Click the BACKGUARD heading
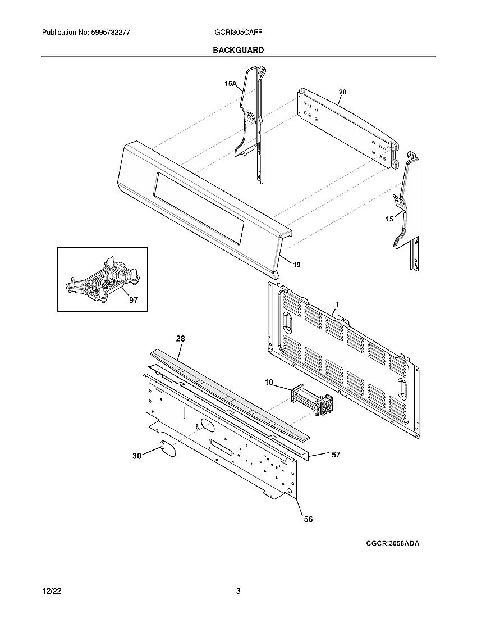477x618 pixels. pos(238,50)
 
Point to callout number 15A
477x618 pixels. pos(230,84)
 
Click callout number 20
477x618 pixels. pos(342,92)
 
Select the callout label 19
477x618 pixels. pos(296,265)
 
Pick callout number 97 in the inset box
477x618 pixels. pos(133,301)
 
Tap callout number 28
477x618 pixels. pos(180,339)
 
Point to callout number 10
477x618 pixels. pos(269,383)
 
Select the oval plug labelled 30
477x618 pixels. pos(164,448)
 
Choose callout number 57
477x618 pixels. pos(336,455)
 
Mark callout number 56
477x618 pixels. pos(308,519)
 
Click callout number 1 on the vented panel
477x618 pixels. pos(336,304)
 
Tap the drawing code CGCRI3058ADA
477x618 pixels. pos(393,544)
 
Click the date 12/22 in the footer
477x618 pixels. pos(51,591)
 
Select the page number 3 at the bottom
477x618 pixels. pos(238,591)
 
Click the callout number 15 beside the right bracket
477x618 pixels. pos(389,219)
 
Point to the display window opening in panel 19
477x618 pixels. pos(199,208)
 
